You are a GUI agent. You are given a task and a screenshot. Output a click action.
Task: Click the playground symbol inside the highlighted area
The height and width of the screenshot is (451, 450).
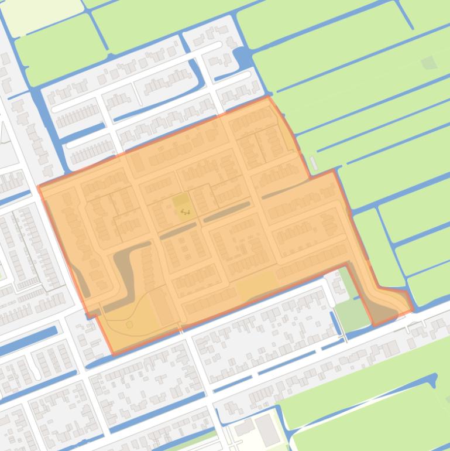[185, 211]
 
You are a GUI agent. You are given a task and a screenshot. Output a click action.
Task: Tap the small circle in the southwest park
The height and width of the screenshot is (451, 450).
[129, 324]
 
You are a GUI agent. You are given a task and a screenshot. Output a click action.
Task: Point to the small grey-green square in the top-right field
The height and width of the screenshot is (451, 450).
[429, 62]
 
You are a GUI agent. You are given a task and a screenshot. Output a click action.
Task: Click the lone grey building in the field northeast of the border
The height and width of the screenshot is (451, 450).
[314, 163]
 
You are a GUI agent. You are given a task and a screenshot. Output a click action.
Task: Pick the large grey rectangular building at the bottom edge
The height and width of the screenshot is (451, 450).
[268, 429]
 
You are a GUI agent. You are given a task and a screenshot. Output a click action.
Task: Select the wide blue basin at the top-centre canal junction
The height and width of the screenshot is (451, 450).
[242, 57]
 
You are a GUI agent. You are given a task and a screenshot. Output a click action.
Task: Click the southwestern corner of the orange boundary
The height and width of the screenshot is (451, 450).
[113, 354]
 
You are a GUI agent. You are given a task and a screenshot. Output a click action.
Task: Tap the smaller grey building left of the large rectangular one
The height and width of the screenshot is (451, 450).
[245, 427]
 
